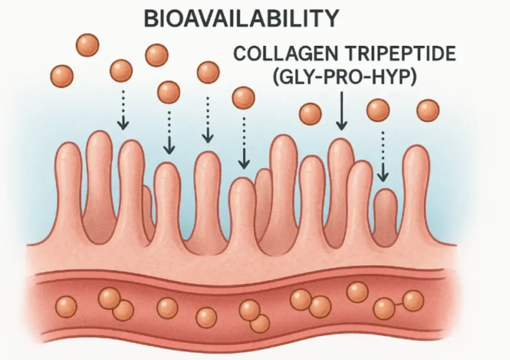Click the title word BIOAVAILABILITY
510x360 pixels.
tap(241, 18)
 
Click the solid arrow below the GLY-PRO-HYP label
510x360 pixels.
tap(342, 111)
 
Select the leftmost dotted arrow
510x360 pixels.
tap(123, 110)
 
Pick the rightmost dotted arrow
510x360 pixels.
tap(383, 156)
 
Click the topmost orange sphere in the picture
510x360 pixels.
tap(87, 45)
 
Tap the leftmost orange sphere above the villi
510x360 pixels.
tap(62, 76)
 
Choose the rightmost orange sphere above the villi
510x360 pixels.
tap(428, 111)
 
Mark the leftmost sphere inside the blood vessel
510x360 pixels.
tap(66, 307)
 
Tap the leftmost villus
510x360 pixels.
tap(69, 192)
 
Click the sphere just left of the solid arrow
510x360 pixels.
tap(310, 114)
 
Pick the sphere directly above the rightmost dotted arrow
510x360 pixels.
tap(378, 110)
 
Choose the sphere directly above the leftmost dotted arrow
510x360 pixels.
tap(121, 71)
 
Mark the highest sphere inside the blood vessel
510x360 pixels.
tap(358, 292)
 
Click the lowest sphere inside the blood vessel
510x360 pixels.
tap(260, 323)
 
